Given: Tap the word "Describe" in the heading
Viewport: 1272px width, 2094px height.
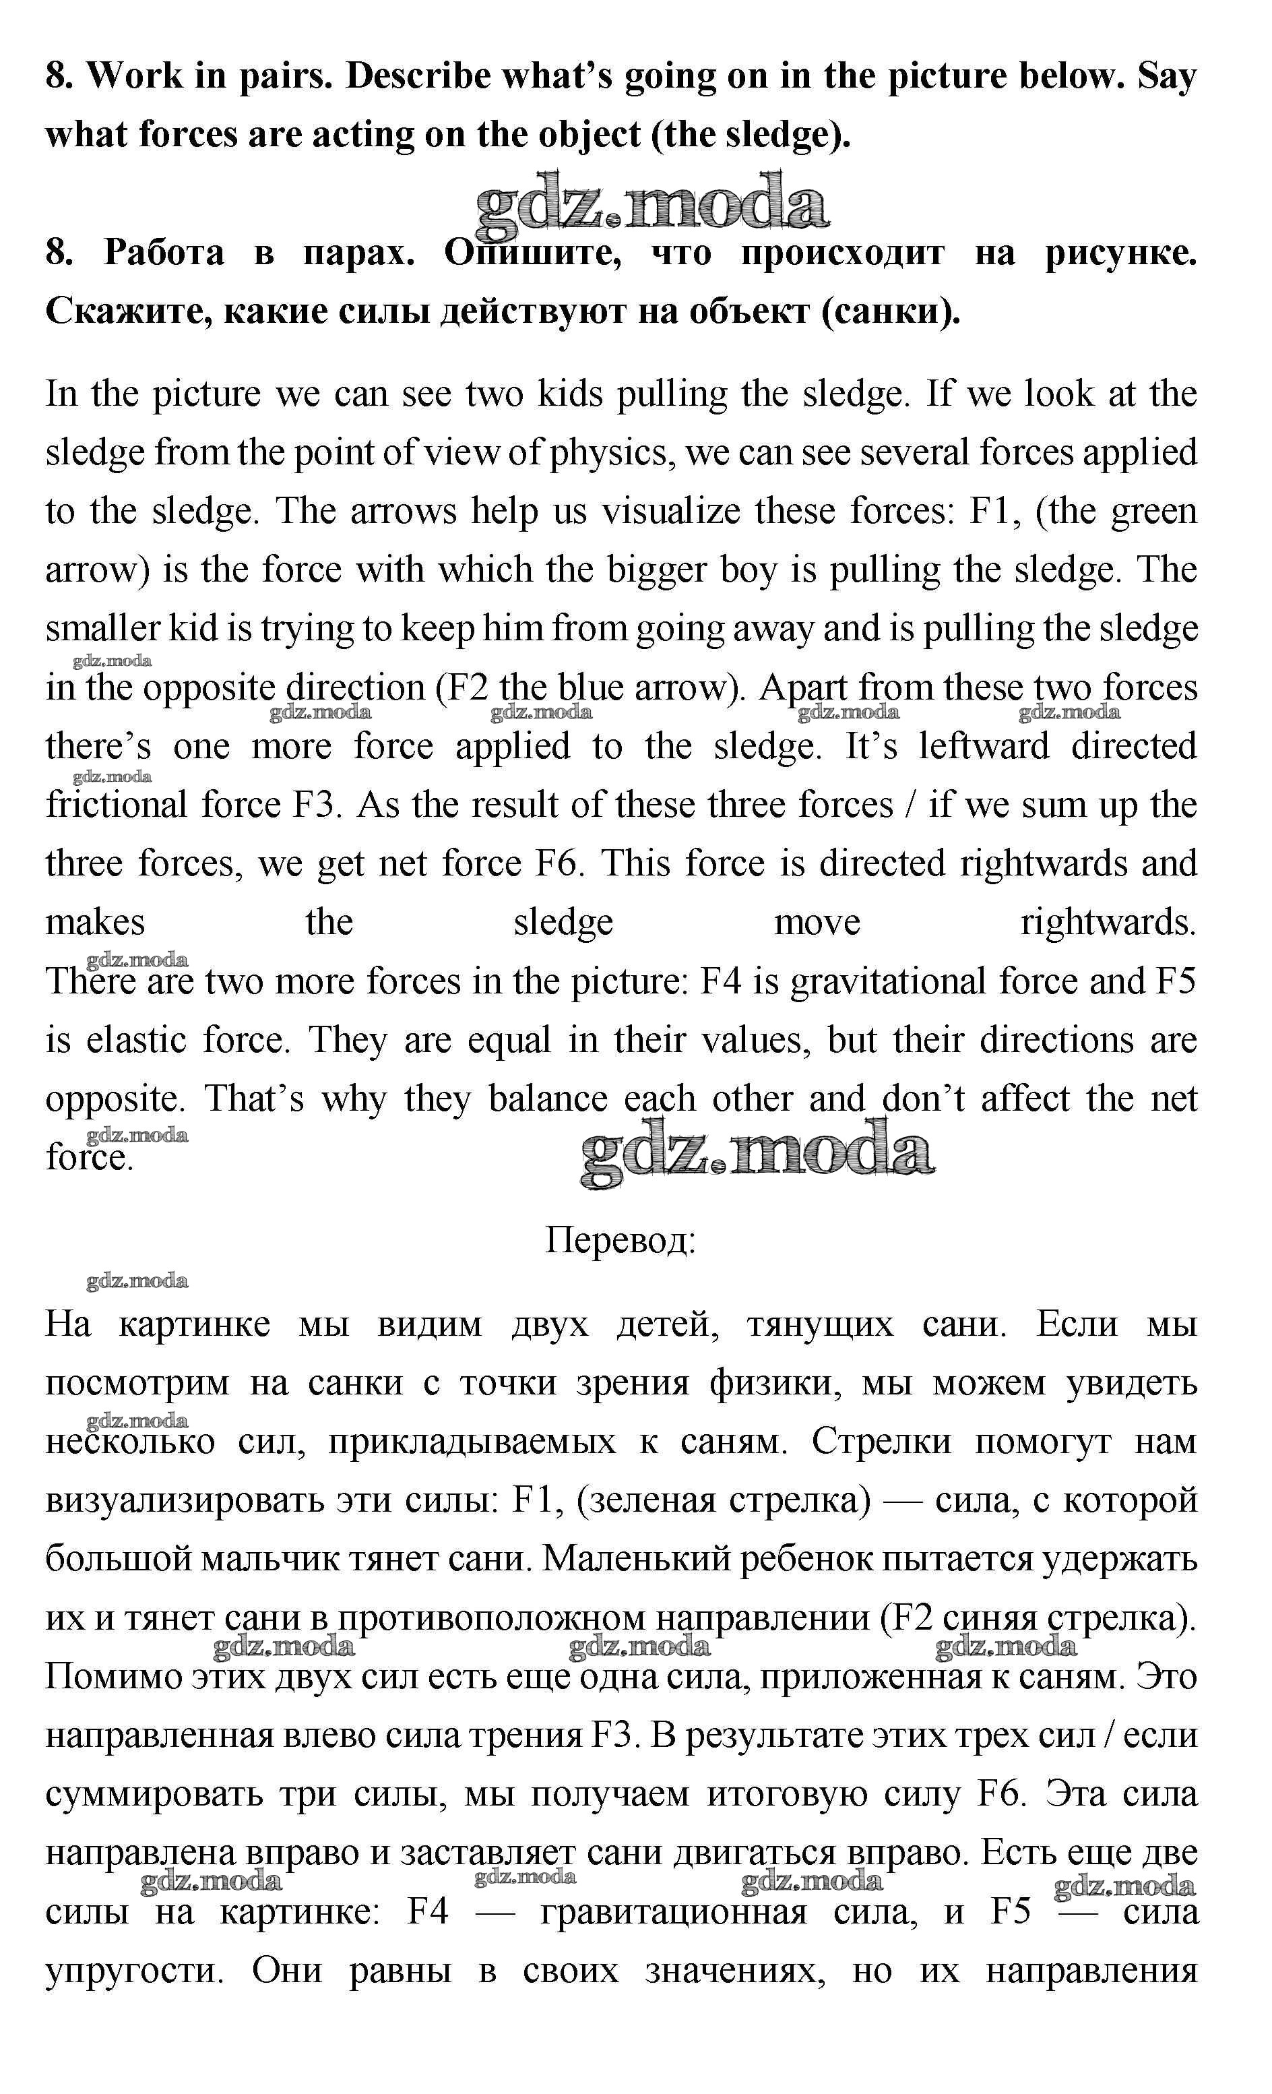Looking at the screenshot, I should click(418, 76).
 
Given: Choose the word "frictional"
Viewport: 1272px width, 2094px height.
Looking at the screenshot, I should click(117, 805).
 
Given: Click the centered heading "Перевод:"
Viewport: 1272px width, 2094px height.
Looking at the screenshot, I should click(621, 1241).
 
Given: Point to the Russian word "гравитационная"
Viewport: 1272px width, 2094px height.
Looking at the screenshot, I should click(674, 1913).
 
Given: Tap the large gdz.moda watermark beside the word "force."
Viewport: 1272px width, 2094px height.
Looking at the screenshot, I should click(756, 1154).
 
